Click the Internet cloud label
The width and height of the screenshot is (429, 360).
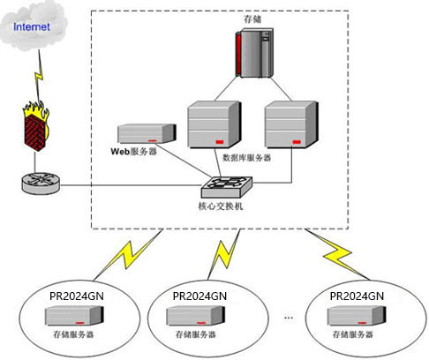[32, 26]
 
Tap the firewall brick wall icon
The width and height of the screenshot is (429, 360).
[36, 126]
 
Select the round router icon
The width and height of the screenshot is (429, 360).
[41, 183]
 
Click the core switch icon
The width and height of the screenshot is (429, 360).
[227, 187]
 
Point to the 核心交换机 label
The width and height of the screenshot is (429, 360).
[221, 206]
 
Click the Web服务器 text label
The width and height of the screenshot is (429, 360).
[133, 152]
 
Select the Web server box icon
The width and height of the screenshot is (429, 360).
[147, 134]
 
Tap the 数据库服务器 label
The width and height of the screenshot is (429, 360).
[246, 158]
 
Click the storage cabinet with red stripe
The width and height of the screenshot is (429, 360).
[254, 53]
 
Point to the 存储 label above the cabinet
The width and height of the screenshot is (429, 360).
[252, 19]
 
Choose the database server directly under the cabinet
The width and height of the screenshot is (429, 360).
[214, 124]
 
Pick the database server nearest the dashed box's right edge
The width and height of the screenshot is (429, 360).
[291, 124]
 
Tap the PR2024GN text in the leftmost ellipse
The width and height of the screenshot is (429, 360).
[77, 296]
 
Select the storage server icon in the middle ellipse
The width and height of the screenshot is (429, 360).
[195, 316]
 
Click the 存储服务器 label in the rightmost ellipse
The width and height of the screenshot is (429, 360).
[352, 334]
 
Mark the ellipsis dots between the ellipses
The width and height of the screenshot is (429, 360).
[289, 318]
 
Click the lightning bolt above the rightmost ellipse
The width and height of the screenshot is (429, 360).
[337, 254]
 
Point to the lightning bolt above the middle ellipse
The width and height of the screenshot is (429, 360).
[224, 255]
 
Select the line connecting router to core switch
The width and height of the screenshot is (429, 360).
[131, 185]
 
